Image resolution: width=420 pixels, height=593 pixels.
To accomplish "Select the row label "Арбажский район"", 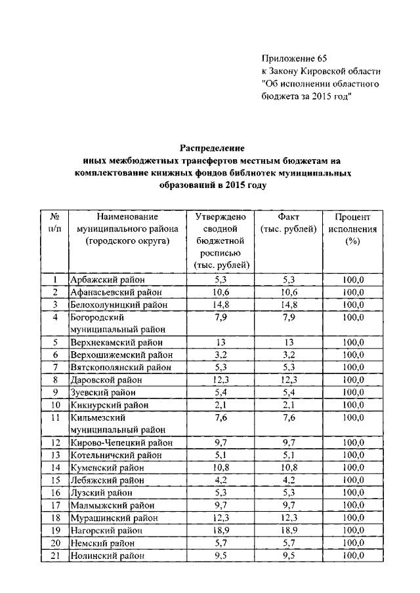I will (104, 280).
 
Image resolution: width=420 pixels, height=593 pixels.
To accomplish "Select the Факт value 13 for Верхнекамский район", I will (288, 342).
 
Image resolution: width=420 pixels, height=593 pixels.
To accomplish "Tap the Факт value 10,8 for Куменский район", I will (288, 468).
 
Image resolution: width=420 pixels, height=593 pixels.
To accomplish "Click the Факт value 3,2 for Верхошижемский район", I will (288, 354).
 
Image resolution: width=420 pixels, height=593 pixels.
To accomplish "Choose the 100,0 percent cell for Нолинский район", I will (352, 555).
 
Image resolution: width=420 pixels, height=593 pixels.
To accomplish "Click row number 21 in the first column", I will (56, 555).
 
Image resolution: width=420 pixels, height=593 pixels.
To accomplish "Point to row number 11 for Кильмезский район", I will (56, 417).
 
